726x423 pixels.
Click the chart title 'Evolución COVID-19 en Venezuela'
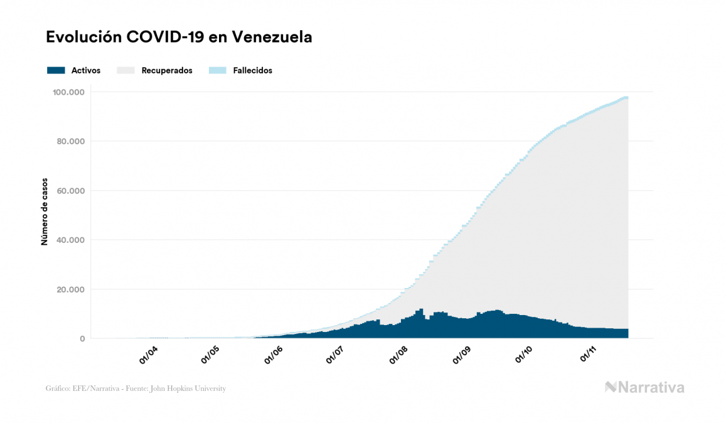pos(179,38)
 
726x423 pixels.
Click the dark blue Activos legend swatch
pos(56,71)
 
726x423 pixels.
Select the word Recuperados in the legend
pos(167,71)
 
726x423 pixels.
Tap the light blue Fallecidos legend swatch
pos(217,71)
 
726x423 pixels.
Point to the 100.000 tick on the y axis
pos(69,92)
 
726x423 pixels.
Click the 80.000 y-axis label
pos(71,141)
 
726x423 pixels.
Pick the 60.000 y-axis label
pos(71,191)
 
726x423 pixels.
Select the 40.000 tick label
pos(71,240)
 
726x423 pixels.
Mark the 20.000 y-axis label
pos(71,289)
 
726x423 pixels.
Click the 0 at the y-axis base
pos(82,339)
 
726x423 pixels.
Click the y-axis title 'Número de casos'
pos(45,215)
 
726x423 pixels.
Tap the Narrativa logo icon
pos(611,387)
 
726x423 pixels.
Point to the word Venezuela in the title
pos(272,38)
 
